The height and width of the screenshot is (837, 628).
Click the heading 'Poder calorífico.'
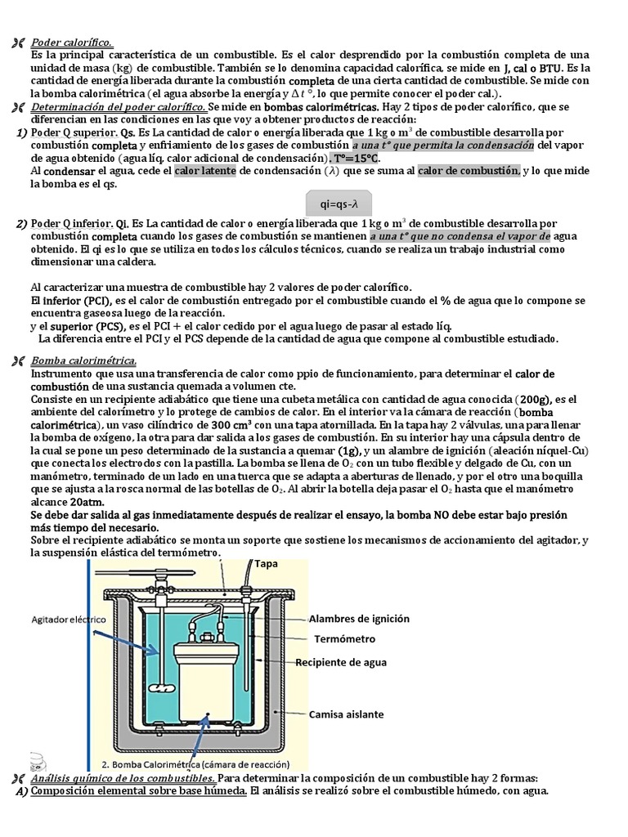pyautogui.click(x=72, y=42)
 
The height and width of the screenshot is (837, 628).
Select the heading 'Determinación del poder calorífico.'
pyautogui.click(x=118, y=107)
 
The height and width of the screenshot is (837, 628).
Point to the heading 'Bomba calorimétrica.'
pyautogui.click(x=83, y=360)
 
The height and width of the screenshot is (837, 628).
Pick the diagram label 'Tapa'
pyautogui.click(x=267, y=564)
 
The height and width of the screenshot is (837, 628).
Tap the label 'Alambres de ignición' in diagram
pyautogui.click(x=360, y=619)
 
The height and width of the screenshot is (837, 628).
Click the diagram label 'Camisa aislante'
pyautogui.click(x=346, y=714)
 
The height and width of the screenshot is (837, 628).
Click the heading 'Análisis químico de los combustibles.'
pyautogui.click(x=123, y=778)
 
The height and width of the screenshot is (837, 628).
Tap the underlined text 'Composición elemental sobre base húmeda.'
pyautogui.click(x=138, y=791)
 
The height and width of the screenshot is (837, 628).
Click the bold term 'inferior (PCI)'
pyautogui.click(x=73, y=301)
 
